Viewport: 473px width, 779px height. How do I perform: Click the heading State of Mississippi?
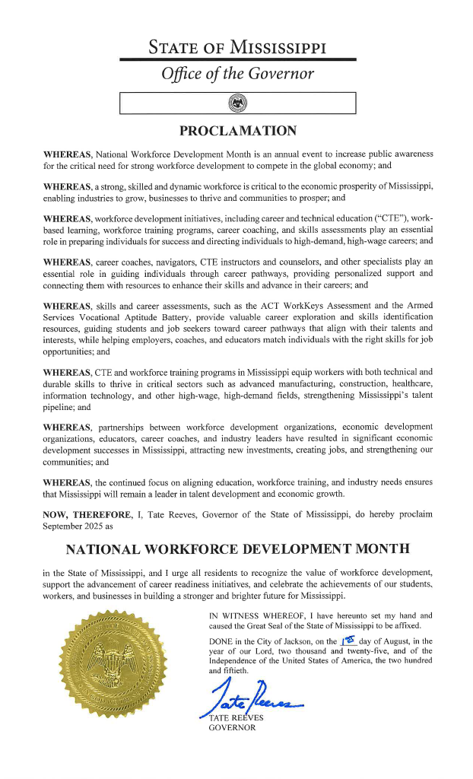pos(237,46)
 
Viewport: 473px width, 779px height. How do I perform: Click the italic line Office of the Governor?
pos(237,75)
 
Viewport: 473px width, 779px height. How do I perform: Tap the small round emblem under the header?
pos(237,103)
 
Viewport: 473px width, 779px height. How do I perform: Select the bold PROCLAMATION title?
pos(237,131)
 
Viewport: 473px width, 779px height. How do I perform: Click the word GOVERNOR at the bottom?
pos(232,728)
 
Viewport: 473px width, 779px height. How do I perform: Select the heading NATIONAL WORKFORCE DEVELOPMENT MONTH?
pos(237,548)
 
